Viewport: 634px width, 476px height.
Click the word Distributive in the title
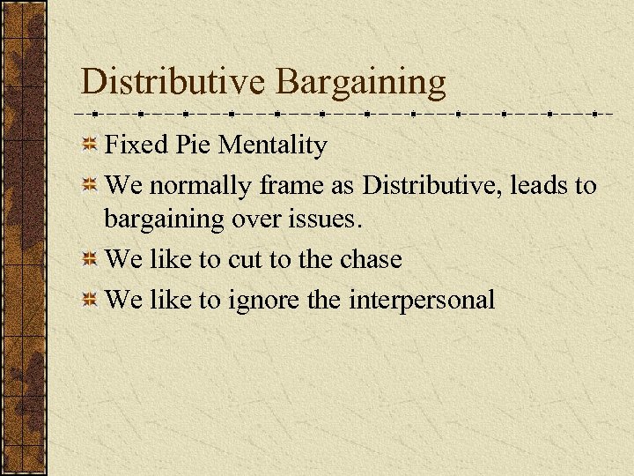[x=172, y=81]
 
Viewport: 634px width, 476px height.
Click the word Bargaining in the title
[x=361, y=83]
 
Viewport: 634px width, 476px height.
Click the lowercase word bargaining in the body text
[x=160, y=219]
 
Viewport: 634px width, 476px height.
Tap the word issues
[x=326, y=217]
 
